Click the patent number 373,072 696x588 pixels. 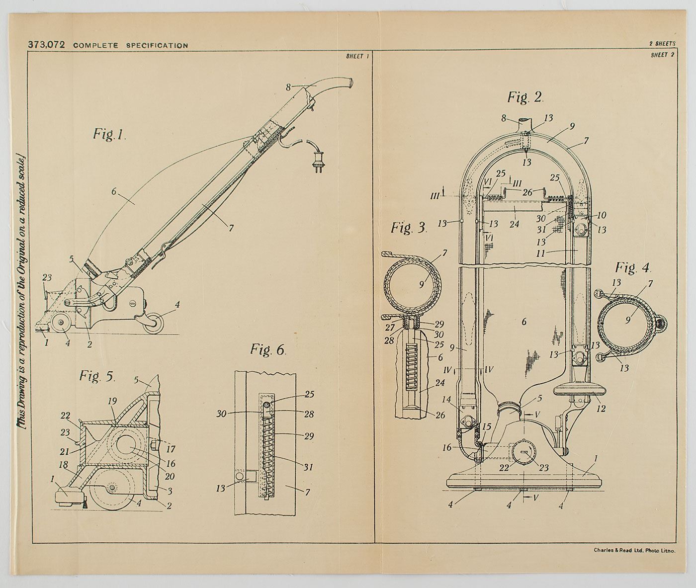coord(46,45)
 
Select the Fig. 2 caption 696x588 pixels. coord(525,97)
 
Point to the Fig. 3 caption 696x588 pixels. coord(409,228)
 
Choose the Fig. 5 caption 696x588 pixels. coord(97,376)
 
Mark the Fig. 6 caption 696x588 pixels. coord(268,350)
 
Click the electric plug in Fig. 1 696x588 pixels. coord(318,163)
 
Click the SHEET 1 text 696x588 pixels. coord(357,56)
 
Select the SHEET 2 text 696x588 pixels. coord(662,55)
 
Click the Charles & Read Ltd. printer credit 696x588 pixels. coord(634,550)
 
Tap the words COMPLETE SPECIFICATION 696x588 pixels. coord(130,46)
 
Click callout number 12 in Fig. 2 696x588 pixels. coord(601,408)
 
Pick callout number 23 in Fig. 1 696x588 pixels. coord(47,278)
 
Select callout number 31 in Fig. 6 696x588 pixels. coord(309,467)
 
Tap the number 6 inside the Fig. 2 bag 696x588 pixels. coord(523,322)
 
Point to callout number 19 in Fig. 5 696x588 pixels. coord(112,401)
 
